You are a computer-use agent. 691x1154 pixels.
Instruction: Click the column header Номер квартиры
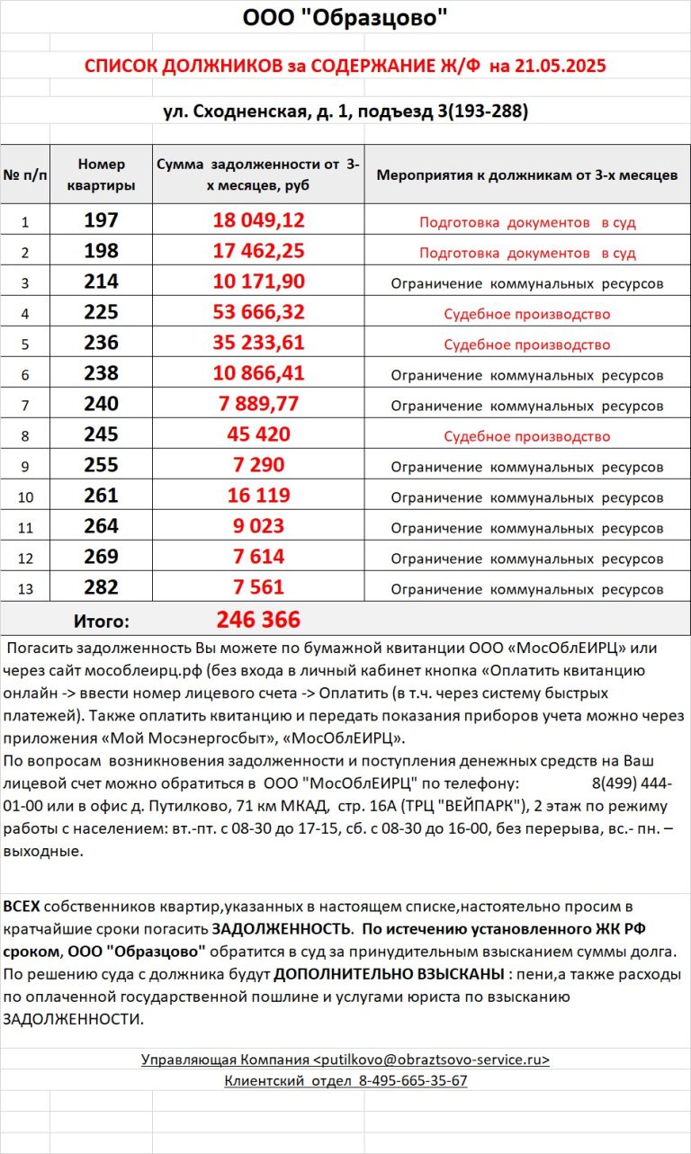[x=101, y=174]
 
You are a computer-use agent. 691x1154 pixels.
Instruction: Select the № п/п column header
[x=25, y=174]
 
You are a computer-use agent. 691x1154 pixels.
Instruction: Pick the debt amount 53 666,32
[x=258, y=313]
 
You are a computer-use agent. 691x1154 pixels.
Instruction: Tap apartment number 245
[x=101, y=435]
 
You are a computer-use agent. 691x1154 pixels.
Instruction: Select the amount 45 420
[x=258, y=435]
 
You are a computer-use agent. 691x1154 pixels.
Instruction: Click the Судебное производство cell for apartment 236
[x=526, y=344]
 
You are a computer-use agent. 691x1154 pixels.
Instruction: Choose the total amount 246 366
[x=258, y=620]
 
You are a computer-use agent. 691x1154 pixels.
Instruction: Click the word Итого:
[x=101, y=621]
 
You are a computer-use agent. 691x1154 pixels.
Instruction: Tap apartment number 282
[x=101, y=588]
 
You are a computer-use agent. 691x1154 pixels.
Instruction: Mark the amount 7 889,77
[x=258, y=405]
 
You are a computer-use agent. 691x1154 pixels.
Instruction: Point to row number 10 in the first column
[x=25, y=497]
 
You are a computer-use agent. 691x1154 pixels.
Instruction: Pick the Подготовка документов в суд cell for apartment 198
[x=526, y=253]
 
